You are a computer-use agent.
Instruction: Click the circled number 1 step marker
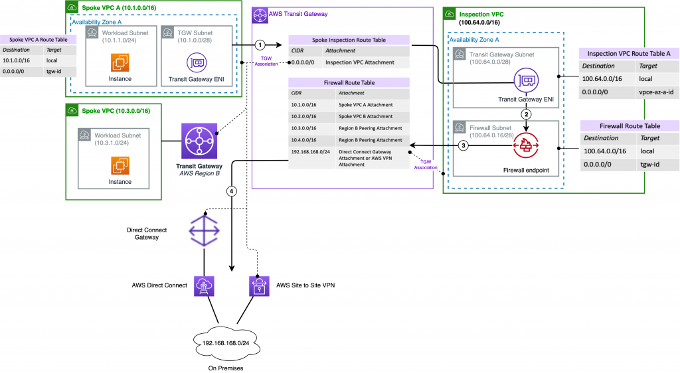261,45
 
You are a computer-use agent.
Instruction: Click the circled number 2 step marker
525,113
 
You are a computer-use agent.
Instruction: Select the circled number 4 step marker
231,191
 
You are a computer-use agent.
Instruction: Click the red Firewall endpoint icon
525,145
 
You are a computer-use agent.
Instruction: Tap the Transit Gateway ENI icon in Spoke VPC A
197,62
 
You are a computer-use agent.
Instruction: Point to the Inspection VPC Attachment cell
365,62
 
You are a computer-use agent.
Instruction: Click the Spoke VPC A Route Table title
39,40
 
